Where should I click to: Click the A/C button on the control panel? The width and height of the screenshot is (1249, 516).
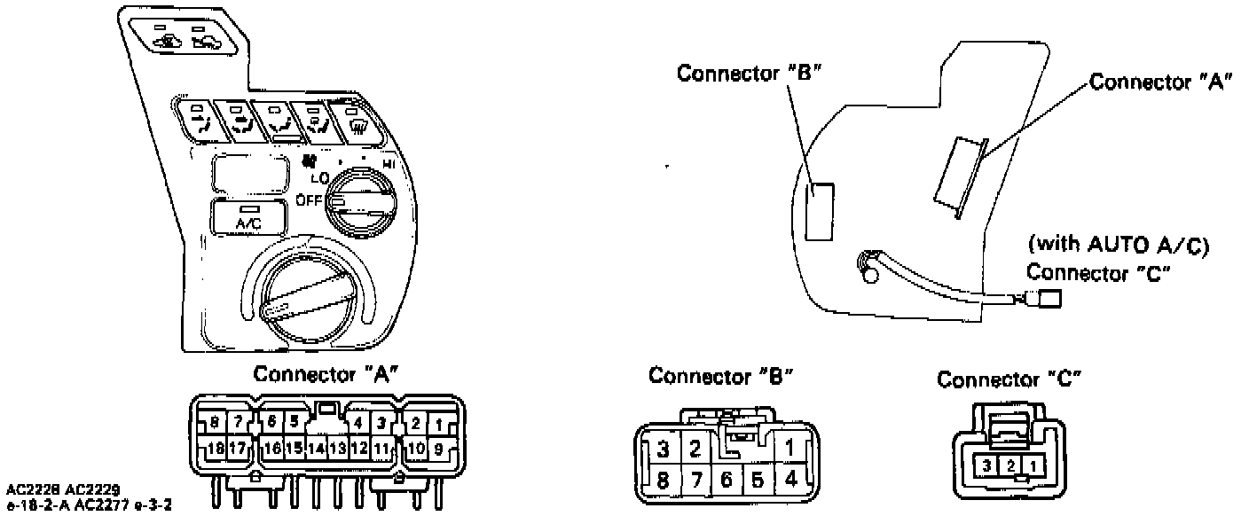point(248,216)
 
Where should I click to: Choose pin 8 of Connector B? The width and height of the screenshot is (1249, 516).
point(662,482)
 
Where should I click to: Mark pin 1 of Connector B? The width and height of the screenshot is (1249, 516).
point(789,448)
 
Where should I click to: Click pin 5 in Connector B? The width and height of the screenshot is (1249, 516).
point(757,482)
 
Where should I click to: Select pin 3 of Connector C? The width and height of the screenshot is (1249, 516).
point(986,465)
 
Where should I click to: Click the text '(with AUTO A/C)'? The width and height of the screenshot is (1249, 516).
point(1119,244)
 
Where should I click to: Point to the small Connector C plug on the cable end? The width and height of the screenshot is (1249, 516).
point(1048,300)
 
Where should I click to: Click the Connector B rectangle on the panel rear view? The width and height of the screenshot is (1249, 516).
point(820,211)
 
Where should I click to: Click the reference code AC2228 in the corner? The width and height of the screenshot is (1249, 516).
point(31,489)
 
